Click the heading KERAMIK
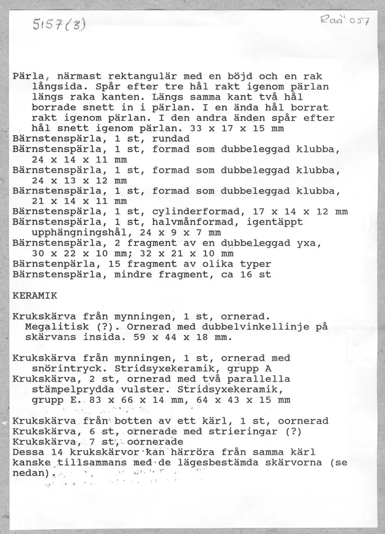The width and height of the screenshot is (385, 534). click(34, 295)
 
